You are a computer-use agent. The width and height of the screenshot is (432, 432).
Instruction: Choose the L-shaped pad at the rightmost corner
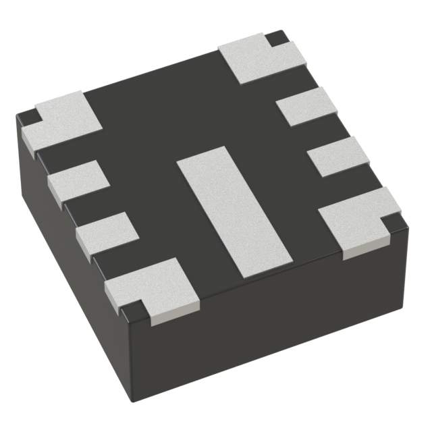[358, 219]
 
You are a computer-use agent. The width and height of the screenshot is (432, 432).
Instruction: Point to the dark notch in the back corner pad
[275, 38]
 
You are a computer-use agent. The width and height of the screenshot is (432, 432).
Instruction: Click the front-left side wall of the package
[74, 270]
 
